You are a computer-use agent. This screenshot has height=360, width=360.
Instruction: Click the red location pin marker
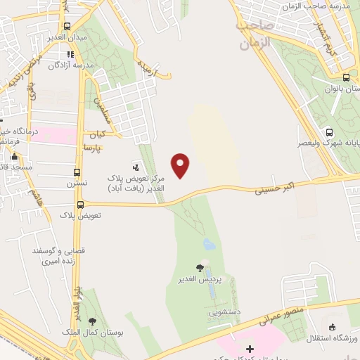[181, 165]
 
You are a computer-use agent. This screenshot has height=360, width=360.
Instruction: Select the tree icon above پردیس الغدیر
[200, 267]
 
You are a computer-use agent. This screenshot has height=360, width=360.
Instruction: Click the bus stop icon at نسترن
[77, 172]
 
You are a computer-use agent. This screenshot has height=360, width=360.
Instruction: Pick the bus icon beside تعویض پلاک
[80, 204]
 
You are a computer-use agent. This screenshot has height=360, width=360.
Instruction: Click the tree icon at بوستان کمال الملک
[92, 321]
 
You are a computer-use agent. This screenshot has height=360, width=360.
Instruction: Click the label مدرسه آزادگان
[70, 65]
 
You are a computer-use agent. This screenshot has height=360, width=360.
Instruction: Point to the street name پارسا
[93, 148]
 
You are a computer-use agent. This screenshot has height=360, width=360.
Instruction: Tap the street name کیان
[96, 134]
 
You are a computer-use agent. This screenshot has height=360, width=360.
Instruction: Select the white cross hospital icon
[250, 349]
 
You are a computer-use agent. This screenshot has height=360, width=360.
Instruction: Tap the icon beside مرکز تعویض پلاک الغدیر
[136, 167]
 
